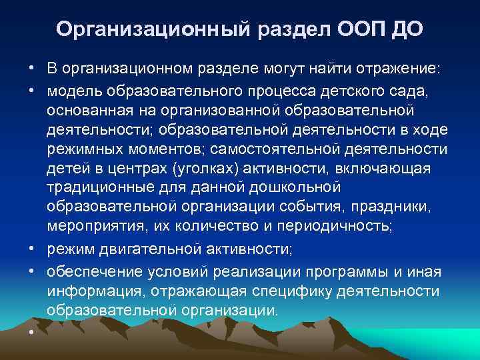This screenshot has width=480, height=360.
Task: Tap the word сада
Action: point(413,90)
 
